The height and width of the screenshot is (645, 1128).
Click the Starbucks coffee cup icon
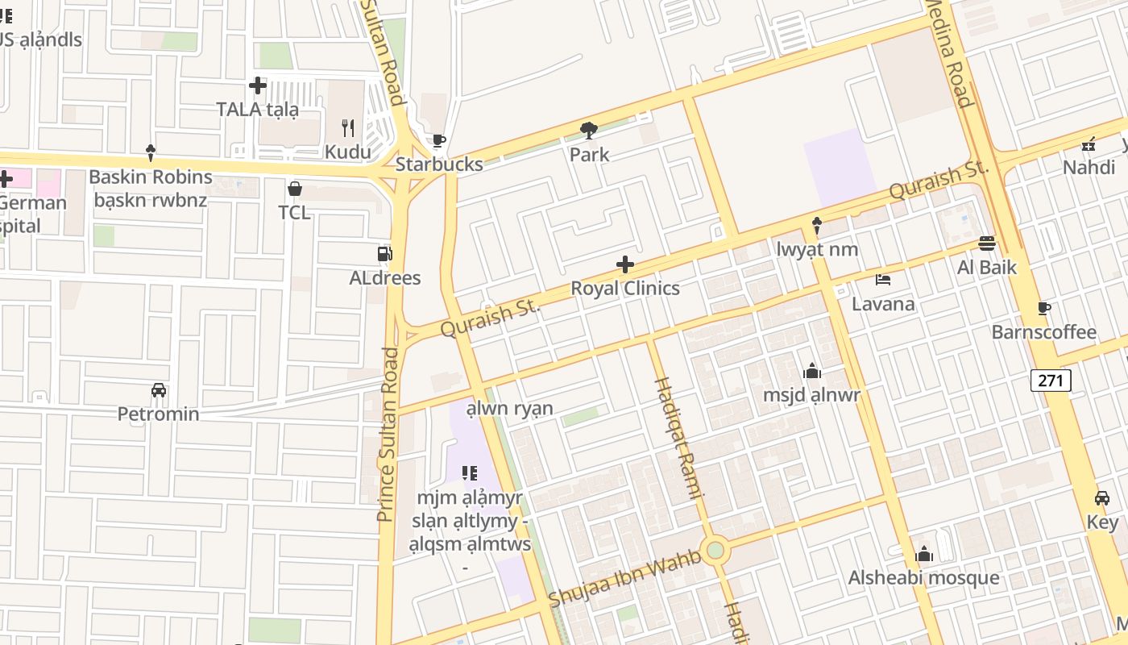click(438, 141)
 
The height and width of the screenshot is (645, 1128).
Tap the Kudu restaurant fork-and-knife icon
click(348, 128)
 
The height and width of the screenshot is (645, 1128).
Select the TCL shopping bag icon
click(295, 189)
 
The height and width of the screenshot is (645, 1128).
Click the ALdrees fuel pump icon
click(384, 254)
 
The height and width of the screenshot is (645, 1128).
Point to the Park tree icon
click(589, 130)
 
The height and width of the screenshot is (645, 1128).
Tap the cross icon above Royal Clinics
click(624, 264)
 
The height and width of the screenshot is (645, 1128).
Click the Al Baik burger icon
click(987, 243)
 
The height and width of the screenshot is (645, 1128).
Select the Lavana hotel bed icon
click(883, 281)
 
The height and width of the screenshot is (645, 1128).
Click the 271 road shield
click(1051, 381)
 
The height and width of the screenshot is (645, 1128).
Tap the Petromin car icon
click(159, 390)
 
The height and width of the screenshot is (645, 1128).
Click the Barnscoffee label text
click(1043, 332)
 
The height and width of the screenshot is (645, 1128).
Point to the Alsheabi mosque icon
click(924, 554)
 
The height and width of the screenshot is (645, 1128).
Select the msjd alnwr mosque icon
click(812, 371)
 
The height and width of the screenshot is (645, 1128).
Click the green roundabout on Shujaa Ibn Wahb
click(715, 551)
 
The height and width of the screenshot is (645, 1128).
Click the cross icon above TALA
click(258, 85)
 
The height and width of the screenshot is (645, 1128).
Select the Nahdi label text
click(1088, 168)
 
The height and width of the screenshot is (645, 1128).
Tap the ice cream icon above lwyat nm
click(817, 225)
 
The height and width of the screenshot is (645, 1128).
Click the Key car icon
click(1102, 498)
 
